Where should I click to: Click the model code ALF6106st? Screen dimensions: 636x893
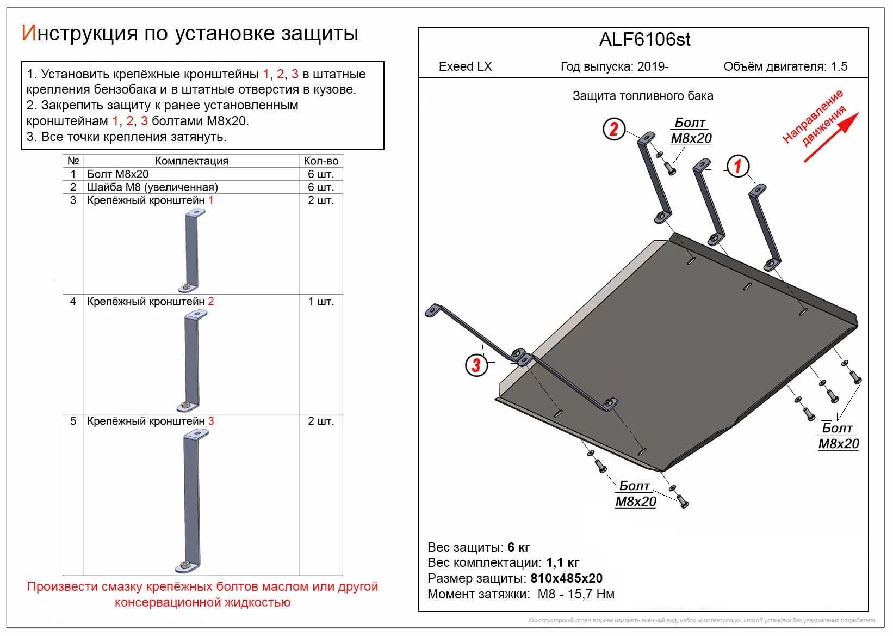(644, 40)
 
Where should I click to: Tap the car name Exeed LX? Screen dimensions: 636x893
(465, 66)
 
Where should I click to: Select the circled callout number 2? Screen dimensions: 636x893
(614, 129)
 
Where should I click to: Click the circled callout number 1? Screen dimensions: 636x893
(737, 166)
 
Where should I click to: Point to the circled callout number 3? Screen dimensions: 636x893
(476, 364)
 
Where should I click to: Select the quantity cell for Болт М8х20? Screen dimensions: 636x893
(321, 174)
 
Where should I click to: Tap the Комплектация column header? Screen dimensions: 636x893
(191, 161)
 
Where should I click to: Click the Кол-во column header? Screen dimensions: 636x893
(321, 161)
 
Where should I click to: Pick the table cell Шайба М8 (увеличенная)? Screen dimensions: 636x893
(153, 187)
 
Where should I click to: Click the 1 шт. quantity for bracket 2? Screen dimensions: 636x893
(321, 302)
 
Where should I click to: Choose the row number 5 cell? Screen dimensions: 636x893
(73, 421)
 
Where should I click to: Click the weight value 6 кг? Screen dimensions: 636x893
(518, 547)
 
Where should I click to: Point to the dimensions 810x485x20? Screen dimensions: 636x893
(566, 578)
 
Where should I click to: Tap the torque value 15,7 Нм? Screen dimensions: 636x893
(590, 594)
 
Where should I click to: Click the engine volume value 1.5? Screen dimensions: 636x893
(839, 66)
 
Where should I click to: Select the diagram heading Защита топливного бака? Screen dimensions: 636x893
(643, 96)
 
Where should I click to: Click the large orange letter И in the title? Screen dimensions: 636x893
(28, 33)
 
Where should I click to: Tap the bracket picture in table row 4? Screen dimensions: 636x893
(191, 362)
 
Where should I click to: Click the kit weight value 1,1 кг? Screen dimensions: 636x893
(561, 562)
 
